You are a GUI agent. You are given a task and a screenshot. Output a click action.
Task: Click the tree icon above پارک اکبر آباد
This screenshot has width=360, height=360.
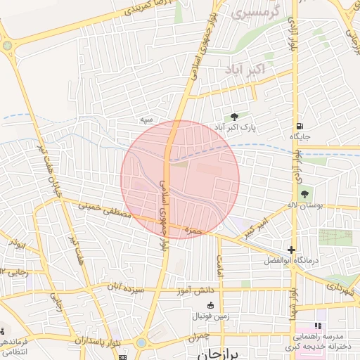point(234,117)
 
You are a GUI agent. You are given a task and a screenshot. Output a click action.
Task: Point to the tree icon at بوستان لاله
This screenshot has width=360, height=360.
point(304,193)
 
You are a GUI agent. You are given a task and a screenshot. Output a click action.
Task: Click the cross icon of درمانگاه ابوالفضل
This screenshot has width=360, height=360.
point(292,250)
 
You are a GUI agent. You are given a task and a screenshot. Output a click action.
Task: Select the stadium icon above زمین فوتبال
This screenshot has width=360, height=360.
point(210,304)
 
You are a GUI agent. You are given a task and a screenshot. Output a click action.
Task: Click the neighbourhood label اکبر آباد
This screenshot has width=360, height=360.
point(245,70)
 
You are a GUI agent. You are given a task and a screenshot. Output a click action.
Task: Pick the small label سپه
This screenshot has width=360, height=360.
point(146,120)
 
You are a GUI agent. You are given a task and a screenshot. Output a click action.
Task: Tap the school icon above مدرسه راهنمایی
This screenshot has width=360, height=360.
point(317,326)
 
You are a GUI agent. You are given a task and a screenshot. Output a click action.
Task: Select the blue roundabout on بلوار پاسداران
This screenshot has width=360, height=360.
point(142,342)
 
